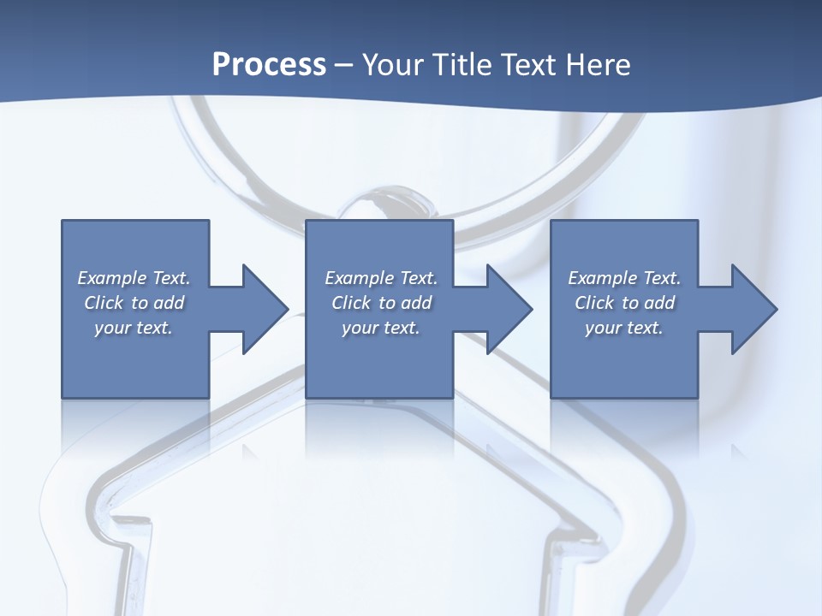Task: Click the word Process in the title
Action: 269,65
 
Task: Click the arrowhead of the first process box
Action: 265,309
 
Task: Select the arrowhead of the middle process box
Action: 509,309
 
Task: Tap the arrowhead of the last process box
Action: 753,309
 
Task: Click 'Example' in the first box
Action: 112,278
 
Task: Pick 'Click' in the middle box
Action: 351,303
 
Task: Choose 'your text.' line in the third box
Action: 624,328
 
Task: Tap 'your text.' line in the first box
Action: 134,328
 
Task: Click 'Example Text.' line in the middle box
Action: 381,278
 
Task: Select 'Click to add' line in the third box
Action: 624,303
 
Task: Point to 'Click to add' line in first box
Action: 134,303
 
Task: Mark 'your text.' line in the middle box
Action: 381,328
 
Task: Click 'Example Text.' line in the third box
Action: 624,278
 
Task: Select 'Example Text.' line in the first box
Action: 134,278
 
